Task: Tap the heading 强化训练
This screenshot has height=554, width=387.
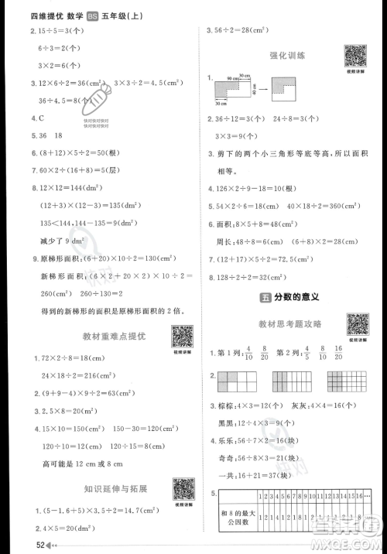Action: [x=286, y=55]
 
